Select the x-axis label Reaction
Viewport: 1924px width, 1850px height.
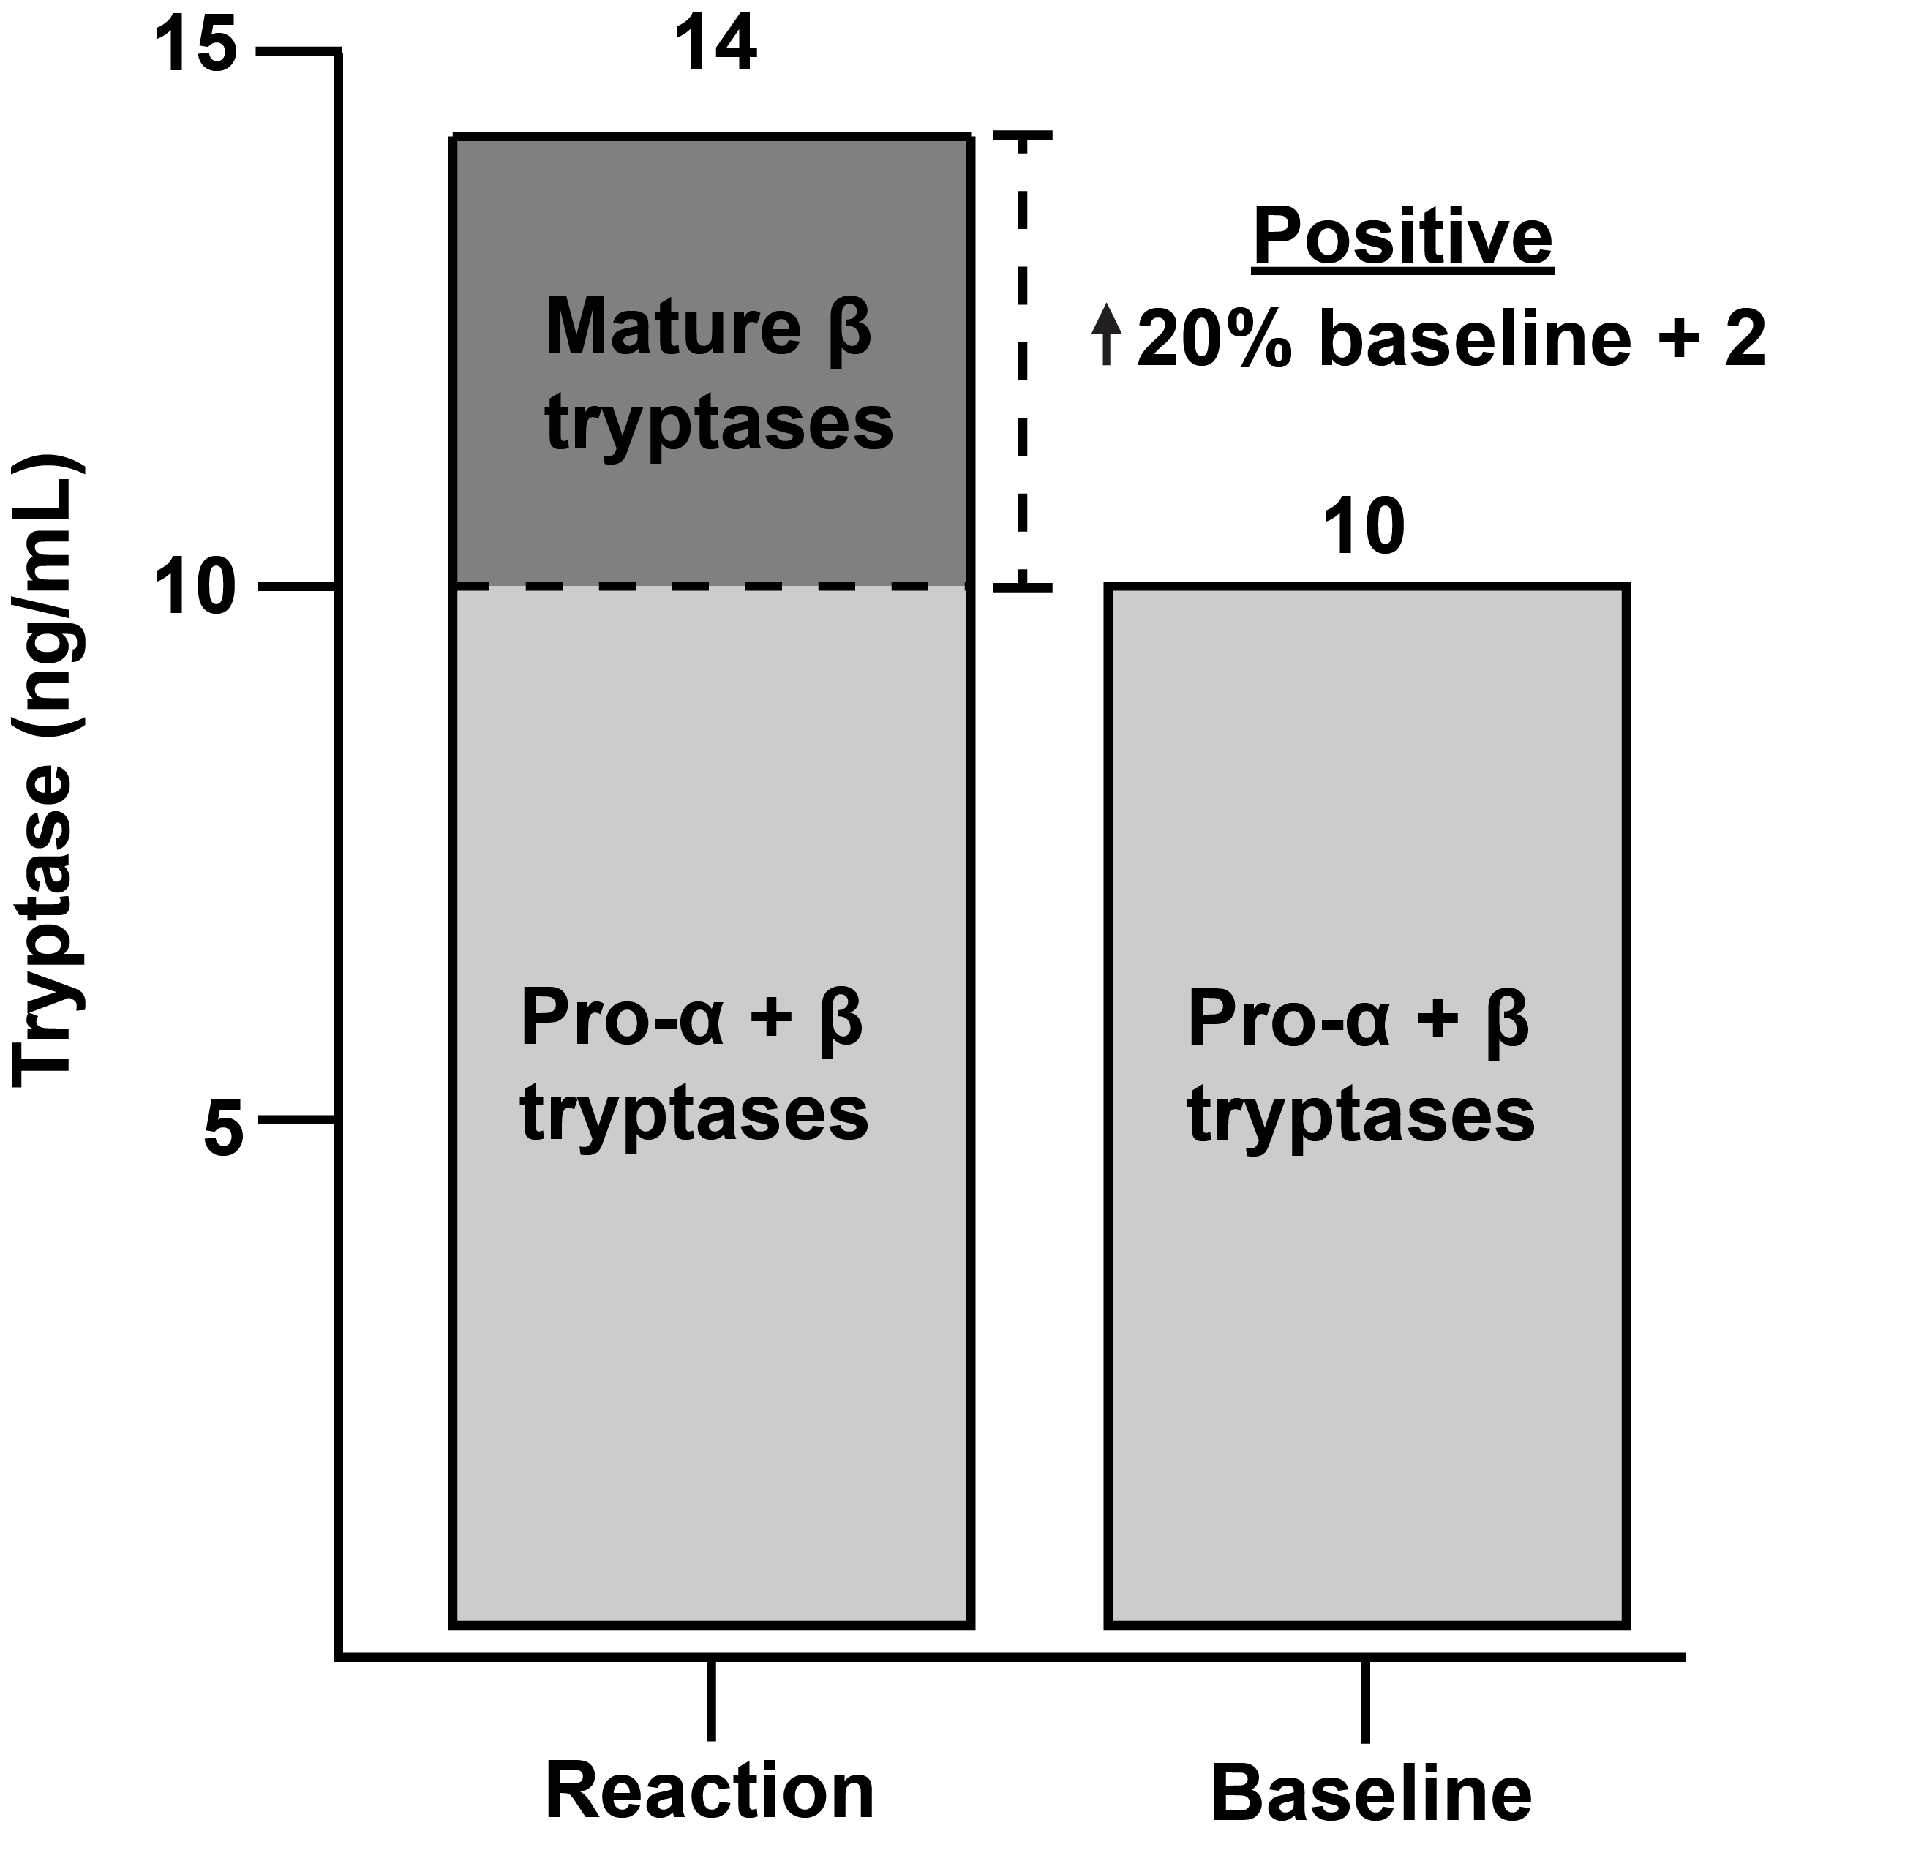pos(710,1792)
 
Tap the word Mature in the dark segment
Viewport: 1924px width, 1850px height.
pos(673,328)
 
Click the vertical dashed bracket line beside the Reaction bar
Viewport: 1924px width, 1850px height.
pos(1023,363)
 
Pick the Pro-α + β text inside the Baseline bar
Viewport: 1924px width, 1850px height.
pos(1359,1020)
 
